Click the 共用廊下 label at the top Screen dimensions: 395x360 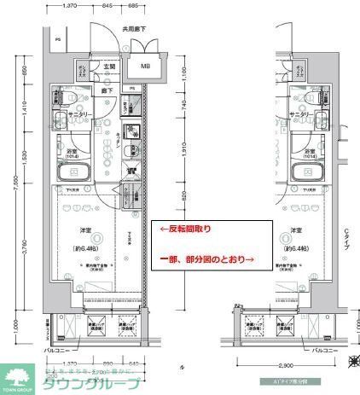pyautogui.click(x=133, y=29)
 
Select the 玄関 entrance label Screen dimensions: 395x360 pyautogui.click(x=109, y=66)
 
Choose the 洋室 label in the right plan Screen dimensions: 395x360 pyautogui.click(x=296, y=230)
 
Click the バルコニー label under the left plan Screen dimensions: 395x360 pyautogui.click(x=58, y=351)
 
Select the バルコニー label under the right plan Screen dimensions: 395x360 pyautogui.click(x=328, y=351)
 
